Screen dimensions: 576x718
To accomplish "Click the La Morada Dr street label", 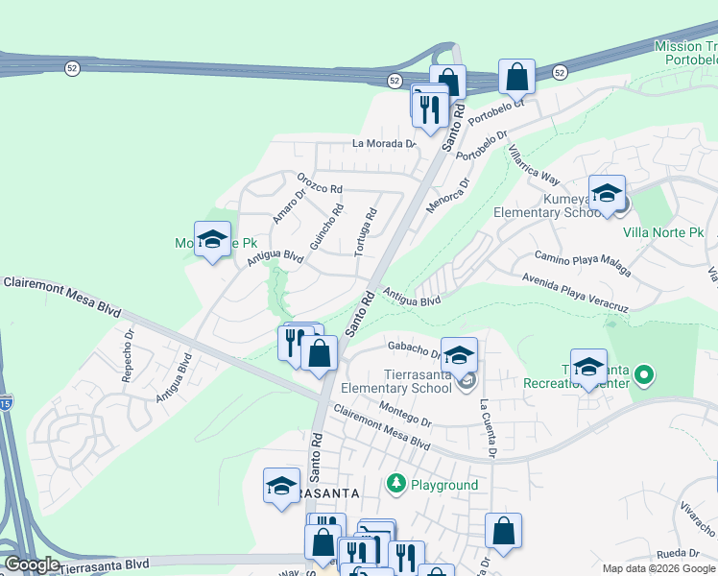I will (x=384, y=144).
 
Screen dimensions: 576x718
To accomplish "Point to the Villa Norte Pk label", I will (x=663, y=232).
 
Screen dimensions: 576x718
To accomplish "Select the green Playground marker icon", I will (x=395, y=483).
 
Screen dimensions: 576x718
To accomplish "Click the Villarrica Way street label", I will (x=533, y=166).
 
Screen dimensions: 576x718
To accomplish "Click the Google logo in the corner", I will (x=32, y=564).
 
